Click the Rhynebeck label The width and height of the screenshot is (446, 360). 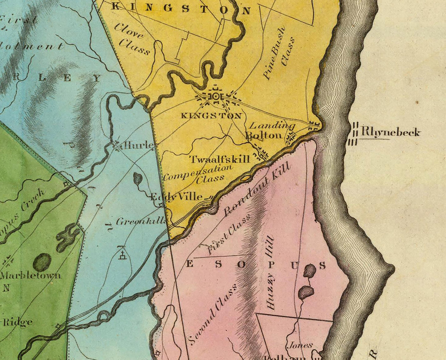pos(391,132)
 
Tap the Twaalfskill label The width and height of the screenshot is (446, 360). pos(220,159)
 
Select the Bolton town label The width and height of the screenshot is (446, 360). pos(264,135)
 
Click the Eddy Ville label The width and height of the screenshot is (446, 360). pos(176,197)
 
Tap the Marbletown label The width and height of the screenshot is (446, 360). pos(31,275)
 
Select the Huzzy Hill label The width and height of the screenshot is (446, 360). pos(271,272)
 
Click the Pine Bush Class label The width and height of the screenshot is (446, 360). pos(279,52)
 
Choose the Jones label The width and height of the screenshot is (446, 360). pos(300,345)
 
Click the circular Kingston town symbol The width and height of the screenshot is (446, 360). pos(215,97)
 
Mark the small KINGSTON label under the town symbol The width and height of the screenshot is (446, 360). pos(211,116)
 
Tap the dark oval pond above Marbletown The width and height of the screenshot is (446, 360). pos(42,262)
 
